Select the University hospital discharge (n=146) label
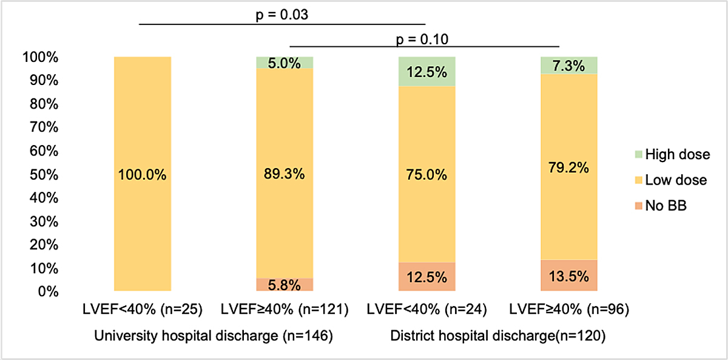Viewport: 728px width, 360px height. (x=213, y=335)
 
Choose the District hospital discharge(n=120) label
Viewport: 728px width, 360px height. (x=497, y=335)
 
